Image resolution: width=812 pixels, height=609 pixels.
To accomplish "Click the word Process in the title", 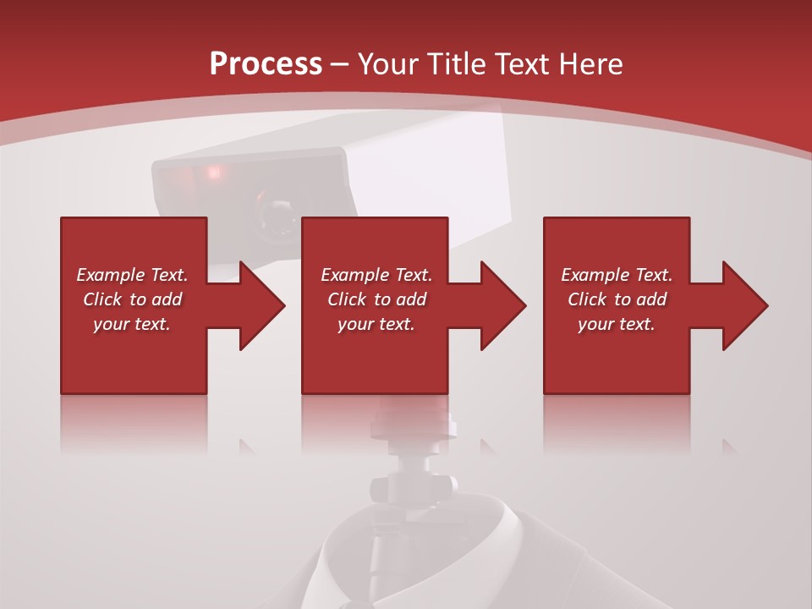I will click(x=266, y=64).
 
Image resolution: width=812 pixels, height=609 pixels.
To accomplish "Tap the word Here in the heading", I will click(x=589, y=64).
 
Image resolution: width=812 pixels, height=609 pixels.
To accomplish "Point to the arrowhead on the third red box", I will click(x=743, y=305).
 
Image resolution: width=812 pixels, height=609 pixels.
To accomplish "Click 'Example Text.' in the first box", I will click(x=132, y=275).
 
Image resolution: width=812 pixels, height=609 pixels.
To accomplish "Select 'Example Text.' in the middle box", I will click(x=376, y=275).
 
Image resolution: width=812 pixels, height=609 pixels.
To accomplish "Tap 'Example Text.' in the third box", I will click(x=617, y=275).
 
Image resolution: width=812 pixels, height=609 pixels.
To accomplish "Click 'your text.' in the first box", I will click(x=132, y=324).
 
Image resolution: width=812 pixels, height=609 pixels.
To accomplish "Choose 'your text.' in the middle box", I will click(x=376, y=324).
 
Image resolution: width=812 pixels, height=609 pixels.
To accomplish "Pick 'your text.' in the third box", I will click(x=617, y=324).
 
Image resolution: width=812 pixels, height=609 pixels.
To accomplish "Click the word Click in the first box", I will click(x=103, y=299).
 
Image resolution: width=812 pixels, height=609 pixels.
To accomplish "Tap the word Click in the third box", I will click(x=588, y=299).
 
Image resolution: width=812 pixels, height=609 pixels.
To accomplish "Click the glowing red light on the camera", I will click(x=213, y=173).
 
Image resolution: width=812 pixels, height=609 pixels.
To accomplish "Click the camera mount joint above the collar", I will click(x=414, y=487).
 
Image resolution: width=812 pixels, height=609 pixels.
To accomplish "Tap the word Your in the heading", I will click(x=387, y=64).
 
